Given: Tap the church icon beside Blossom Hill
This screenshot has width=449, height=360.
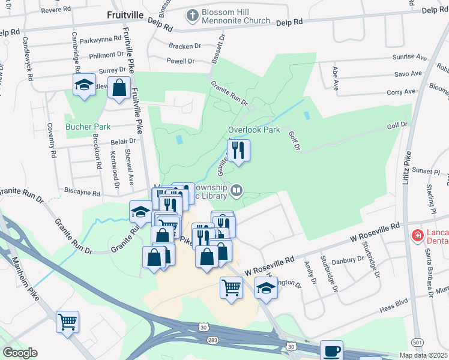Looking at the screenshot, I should pos(193,16).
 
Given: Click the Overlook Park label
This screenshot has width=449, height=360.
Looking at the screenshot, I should pos(254,130).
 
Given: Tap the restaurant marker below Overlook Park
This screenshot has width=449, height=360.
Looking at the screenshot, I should pos(239,151).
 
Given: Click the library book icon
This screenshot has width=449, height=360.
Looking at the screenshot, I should pos(237,191).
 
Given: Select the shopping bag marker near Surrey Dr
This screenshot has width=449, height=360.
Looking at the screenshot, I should pos(119,88).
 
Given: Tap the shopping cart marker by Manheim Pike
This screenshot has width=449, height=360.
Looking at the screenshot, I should pos(67,321).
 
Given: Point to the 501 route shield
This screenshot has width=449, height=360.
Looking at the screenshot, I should pos(417,342).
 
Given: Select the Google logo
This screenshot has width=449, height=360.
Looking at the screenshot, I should pos(20,353).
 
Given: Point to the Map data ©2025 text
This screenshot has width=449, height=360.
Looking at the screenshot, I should pos(423,355).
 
